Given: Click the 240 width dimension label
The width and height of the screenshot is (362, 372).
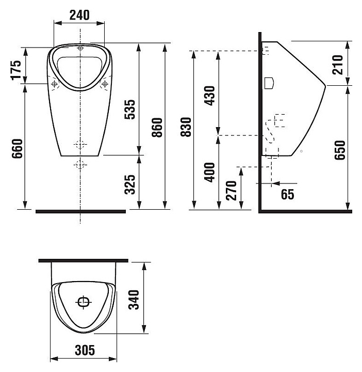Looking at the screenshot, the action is (x=79, y=15).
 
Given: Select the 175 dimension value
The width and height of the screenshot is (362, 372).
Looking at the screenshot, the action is (x=17, y=70).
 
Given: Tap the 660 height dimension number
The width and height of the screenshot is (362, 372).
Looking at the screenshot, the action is (x=17, y=149).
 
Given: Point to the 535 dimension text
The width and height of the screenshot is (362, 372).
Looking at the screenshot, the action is (x=130, y=110).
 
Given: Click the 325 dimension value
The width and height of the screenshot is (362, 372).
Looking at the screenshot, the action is (x=130, y=184).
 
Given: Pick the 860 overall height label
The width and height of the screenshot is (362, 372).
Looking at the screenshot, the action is (x=157, y=128).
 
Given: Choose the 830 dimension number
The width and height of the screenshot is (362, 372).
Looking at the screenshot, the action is (x=186, y=127).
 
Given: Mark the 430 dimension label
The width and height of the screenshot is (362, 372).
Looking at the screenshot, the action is (x=210, y=96).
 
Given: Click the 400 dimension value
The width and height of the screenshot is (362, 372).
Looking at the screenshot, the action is (x=210, y=173).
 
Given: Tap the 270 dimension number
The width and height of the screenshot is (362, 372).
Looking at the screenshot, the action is (x=232, y=191).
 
